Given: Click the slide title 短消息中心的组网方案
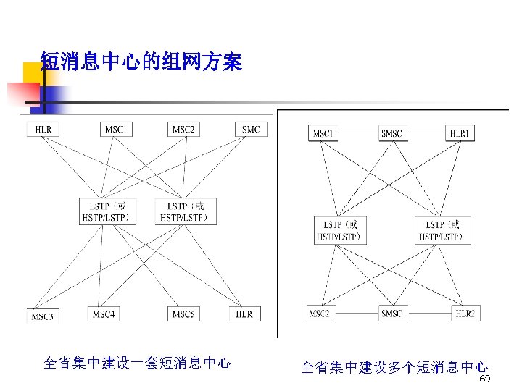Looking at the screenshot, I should pyautogui.click(x=141, y=62).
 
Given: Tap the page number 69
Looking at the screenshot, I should pyautogui.click(x=486, y=379).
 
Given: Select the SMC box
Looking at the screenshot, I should pyautogui.click(x=251, y=130).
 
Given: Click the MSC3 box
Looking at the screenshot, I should pyautogui.click(x=43, y=316).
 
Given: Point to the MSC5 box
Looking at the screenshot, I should pyautogui.click(x=183, y=314).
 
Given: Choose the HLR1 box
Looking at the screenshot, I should pyautogui.click(x=460, y=134).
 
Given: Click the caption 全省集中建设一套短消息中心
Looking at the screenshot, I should pyautogui.click(x=137, y=363).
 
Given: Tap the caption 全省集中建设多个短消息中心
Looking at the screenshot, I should pyautogui.click(x=394, y=368).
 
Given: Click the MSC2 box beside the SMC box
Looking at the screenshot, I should pyautogui.click(x=183, y=130).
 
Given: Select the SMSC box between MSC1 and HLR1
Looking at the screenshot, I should pyautogui.click(x=391, y=134).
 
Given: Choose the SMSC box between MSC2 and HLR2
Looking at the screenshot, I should pyautogui.click(x=391, y=314).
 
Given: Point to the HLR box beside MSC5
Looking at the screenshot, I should pyautogui.click(x=244, y=314).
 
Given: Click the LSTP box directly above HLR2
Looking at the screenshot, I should pyautogui.click(x=442, y=230).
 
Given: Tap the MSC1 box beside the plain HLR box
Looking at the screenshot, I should pyautogui.click(x=117, y=130).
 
